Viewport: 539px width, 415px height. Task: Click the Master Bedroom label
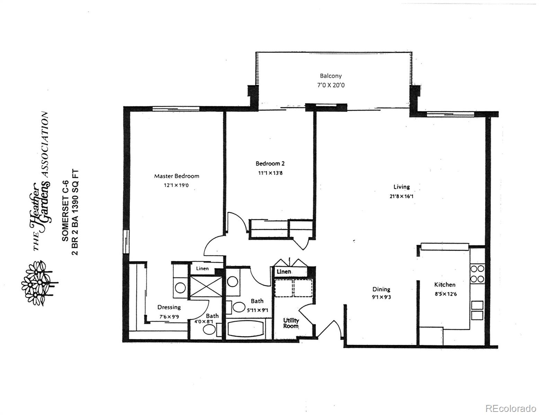[177, 176]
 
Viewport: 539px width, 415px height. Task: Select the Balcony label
[330, 76]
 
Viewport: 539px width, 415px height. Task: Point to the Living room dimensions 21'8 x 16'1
[401, 196]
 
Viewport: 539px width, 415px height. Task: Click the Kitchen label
[445, 285]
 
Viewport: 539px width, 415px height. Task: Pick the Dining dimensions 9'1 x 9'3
[381, 297]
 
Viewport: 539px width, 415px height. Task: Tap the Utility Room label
[291, 323]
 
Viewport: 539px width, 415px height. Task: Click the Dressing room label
[169, 307]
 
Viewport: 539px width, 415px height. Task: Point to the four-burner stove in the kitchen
[477, 274]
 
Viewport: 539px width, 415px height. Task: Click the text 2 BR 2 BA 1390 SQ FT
[75, 212]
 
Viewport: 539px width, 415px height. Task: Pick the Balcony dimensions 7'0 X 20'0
[330, 85]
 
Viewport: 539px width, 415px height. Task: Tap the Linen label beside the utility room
[284, 271]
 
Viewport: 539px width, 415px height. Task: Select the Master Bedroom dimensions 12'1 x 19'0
[176, 185]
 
